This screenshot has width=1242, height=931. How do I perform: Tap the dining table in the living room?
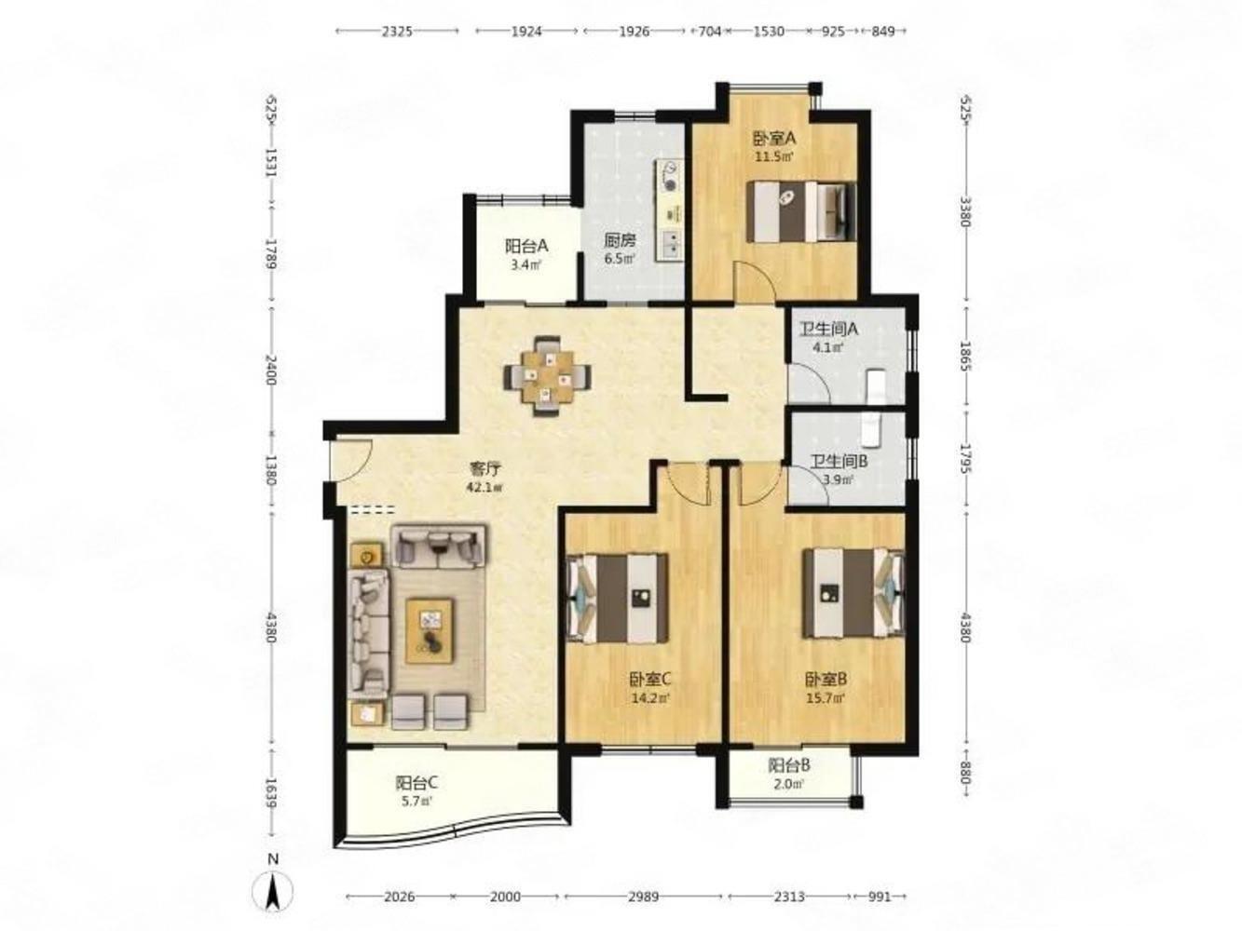point(547,375)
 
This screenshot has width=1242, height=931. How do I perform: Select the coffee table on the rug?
point(430,629)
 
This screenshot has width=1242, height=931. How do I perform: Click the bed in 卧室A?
point(801,211)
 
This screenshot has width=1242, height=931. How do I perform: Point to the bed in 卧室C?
point(618,598)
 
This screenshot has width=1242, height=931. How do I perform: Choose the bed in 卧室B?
point(853,593)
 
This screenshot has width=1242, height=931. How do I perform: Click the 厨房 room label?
point(620,241)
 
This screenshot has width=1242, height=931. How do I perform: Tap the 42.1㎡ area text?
point(486,487)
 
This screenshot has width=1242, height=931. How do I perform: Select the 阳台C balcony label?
point(416,783)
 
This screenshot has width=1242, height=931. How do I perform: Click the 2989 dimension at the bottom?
point(644,897)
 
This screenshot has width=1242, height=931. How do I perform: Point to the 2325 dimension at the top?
point(397,32)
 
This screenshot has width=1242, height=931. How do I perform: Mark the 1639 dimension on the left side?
point(272,793)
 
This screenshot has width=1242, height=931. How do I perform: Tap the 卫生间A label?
point(828,329)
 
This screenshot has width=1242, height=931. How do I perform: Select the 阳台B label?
point(789,766)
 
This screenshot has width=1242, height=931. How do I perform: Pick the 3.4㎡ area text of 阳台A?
point(526,264)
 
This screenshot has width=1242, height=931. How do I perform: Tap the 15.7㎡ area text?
point(826,697)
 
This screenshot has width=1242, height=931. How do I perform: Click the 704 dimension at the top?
point(710,32)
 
